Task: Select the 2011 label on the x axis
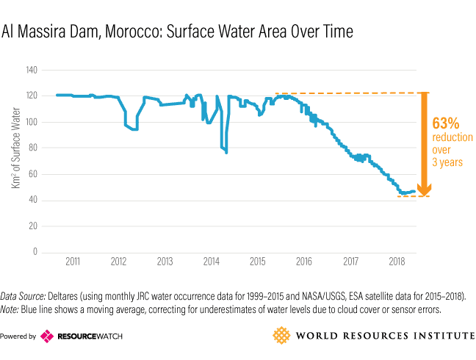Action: pos(72,262)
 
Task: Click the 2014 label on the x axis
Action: pos(211,262)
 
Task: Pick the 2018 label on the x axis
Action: pos(397,262)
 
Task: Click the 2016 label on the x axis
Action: pos(304,262)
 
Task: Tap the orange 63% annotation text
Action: pos(446,123)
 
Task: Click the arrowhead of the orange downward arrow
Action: pos(423,190)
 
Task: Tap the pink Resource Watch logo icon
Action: pos(47,336)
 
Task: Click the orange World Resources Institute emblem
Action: pos(282,336)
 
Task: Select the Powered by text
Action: pos(18,336)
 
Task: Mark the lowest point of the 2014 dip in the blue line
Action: pos(226,152)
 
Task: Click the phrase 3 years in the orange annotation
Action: pos(447,162)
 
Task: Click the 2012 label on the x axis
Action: pos(118,262)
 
